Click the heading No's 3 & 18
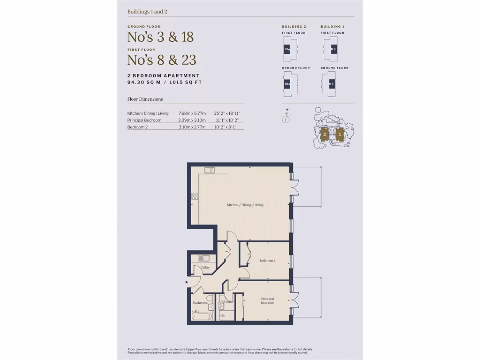[160, 37]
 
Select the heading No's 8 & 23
[162, 60]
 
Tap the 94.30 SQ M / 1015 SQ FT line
[165, 82]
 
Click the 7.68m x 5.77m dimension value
[192, 113]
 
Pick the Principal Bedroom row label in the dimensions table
[144, 120]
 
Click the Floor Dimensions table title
[145, 99]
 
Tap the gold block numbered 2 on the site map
[324, 135]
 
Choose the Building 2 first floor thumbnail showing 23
[287, 49]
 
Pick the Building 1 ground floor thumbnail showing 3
[332, 84]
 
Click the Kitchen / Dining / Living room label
[245, 205]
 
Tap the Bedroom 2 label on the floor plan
[267, 261]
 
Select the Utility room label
[205, 267]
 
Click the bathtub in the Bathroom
[202, 315]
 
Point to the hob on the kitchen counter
[195, 196]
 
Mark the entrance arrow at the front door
[187, 282]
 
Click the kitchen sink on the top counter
[209, 170]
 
